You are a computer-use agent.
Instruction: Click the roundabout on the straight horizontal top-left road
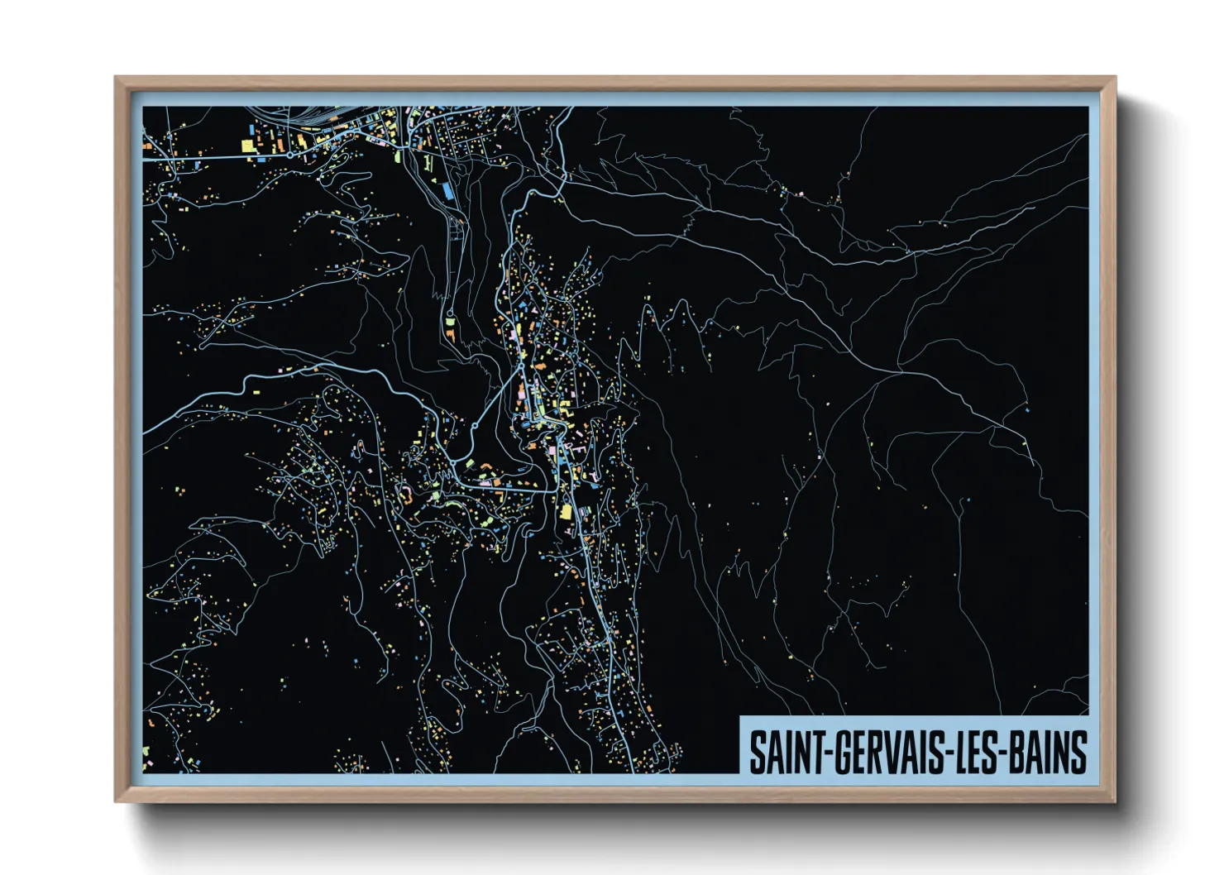coord(291,154)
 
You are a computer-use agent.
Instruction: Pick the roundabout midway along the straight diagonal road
coord(476,426)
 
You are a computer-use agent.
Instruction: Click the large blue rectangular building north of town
coord(447,189)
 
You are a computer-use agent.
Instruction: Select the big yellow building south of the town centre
coord(567,512)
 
